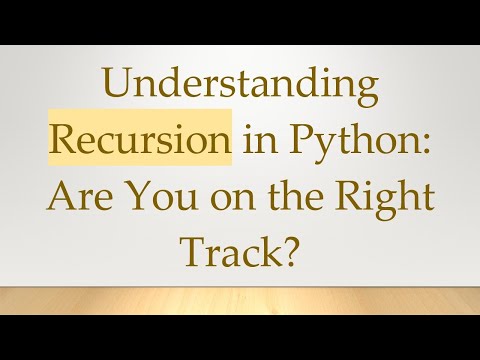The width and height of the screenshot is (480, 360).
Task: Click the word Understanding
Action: [x=240, y=91]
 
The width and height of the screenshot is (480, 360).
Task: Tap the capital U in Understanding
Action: [x=115, y=89]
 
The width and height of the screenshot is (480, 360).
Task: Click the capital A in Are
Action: [x=61, y=197]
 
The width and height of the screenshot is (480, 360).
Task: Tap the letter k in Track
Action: [x=271, y=251]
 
